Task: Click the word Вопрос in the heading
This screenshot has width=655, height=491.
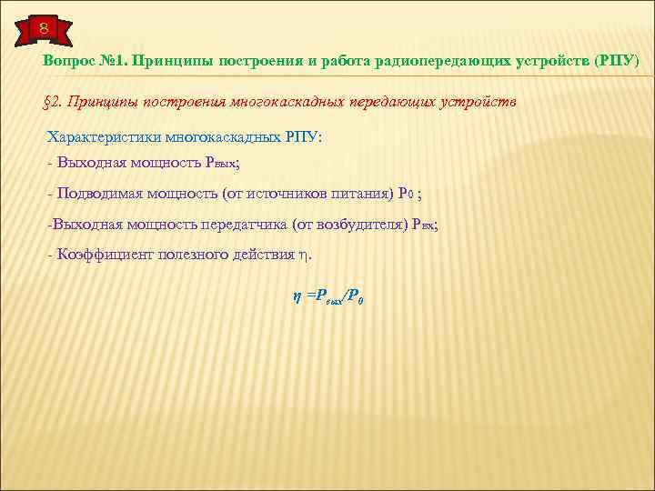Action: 66,62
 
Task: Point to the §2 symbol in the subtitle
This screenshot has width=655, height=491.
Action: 52,103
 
